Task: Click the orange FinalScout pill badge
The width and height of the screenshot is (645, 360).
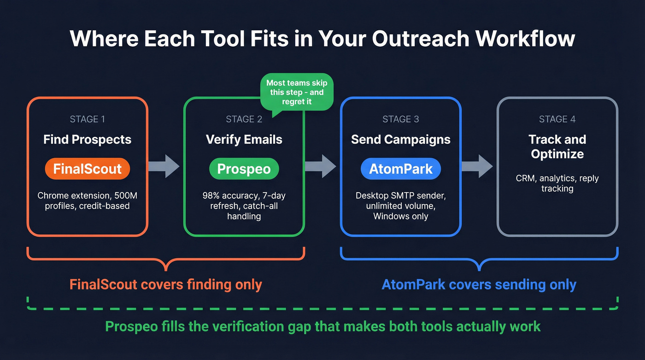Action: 87,169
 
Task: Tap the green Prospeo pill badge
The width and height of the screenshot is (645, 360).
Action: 244,169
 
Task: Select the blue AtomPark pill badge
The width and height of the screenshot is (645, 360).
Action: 400,169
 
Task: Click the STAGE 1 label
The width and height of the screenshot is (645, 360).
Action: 87,119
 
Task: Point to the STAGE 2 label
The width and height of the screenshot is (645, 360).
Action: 244,119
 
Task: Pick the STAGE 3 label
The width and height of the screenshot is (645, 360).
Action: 400,119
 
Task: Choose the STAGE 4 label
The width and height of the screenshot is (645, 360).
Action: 557,119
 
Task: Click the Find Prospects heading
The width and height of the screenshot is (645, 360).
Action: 87,140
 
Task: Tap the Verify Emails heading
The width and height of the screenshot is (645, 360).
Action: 244,140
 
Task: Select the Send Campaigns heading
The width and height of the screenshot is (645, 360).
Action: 400,140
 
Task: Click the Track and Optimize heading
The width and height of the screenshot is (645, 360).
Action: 557,147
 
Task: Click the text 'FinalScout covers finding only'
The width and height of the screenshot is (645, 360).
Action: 165,284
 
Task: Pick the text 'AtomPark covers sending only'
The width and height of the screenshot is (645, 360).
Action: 479,284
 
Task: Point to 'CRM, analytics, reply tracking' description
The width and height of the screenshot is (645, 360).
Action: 557,183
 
